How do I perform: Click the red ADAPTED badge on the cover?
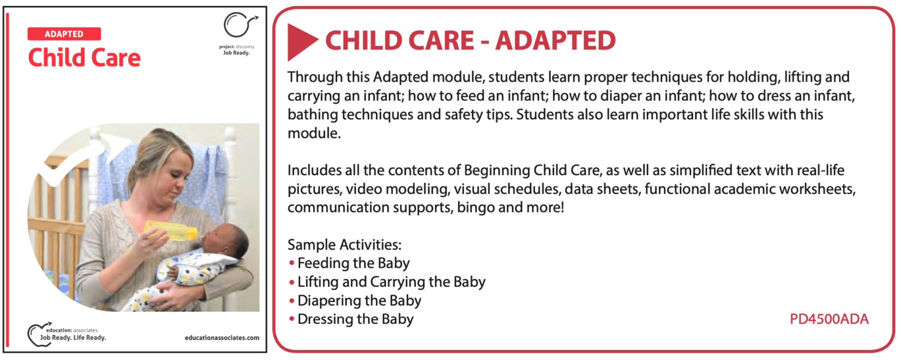click(64, 34)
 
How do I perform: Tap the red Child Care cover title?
click(84, 57)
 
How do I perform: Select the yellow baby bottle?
click(171, 230)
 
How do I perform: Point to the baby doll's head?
click(225, 241)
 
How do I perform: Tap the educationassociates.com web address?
click(222, 338)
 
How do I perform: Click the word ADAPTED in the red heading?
click(555, 41)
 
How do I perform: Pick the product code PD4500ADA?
click(829, 319)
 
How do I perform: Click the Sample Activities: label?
click(344, 245)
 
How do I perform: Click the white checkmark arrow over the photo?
click(81, 157)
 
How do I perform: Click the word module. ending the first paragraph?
click(314, 133)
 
